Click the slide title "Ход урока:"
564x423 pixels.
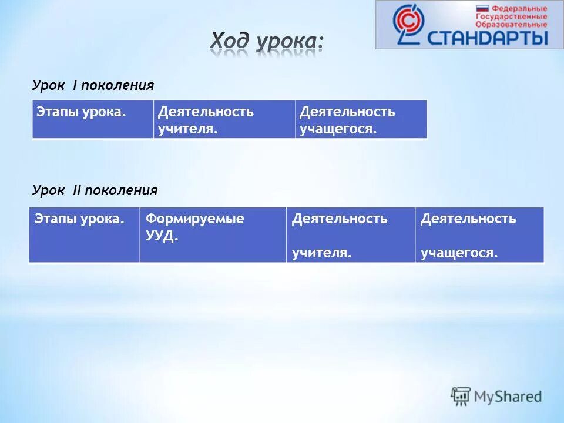(267, 43)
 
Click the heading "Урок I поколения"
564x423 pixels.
(93, 86)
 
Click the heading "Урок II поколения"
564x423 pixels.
(95, 190)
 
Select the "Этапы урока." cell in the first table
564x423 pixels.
(92, 119)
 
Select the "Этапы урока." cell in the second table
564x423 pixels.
(84, 234)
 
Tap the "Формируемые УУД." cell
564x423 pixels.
(213, 234)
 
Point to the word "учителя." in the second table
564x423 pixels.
(322, 253)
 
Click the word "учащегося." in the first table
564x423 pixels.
(338, 129)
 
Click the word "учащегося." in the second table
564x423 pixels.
(459, 253)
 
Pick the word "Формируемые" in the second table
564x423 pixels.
(195, 219)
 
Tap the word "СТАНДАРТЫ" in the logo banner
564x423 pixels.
(488, 38)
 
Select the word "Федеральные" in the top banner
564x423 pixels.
(519, 9)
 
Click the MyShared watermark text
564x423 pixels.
(509, 397)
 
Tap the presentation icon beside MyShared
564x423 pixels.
(461, 396)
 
